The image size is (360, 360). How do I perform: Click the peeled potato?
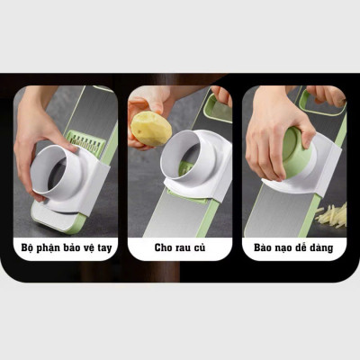(151, 129)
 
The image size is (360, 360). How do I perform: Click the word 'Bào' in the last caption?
(262, 247)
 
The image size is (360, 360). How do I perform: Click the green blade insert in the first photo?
(86, 141)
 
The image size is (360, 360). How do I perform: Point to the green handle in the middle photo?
(218, 109)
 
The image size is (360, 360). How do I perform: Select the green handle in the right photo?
(322, 103)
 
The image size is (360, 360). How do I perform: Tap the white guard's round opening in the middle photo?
(181, 156)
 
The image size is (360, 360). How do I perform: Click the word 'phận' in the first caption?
(48, 248)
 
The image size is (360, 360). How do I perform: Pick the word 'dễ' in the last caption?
(301, 247)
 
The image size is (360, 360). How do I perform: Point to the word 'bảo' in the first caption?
(70, 247)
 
